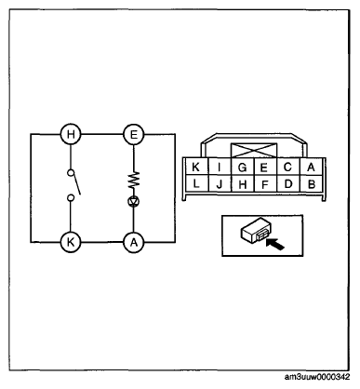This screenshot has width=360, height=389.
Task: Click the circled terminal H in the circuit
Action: (71, 135)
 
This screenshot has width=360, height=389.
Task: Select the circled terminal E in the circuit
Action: (134, 135)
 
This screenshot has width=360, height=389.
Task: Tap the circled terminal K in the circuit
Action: (71, 242)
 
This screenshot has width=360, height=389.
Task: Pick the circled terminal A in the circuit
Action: (134, 242)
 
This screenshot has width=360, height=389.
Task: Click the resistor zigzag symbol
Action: (134, 180)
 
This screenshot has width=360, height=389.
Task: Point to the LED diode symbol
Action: (134, 202)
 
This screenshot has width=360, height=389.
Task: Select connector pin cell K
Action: (196, 167)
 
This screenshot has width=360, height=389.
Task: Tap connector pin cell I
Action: (220, 167)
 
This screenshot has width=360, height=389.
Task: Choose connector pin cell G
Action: (243, 167)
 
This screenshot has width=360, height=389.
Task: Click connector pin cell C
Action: (288, 167)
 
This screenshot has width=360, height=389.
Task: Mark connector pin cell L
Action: (196, 183)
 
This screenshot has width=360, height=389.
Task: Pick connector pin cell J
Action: (220, 183)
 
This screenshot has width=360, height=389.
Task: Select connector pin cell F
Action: (265, 183)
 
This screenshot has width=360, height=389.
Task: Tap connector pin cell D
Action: (288, 183)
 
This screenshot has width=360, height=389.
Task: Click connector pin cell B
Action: (312, 183)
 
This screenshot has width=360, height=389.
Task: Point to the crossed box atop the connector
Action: (254, 151)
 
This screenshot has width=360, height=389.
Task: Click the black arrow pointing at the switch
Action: (275, 244)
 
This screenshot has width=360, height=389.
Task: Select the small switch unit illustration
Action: (255, 231)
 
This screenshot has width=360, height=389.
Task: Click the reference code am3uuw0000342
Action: (317, 377)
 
